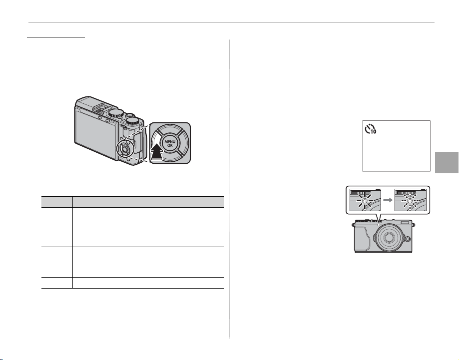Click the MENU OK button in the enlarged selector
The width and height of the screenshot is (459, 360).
click(170, 143)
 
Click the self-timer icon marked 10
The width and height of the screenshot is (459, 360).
click(370, 129)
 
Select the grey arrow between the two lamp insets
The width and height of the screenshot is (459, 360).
click(388, 200)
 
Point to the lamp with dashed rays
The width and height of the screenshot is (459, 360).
click(410, 201)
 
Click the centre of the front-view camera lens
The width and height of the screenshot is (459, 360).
click(389, 237)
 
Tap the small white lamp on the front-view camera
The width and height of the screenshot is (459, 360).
click(379, 225)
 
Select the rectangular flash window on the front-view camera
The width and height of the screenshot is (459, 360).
click(405, 223)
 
